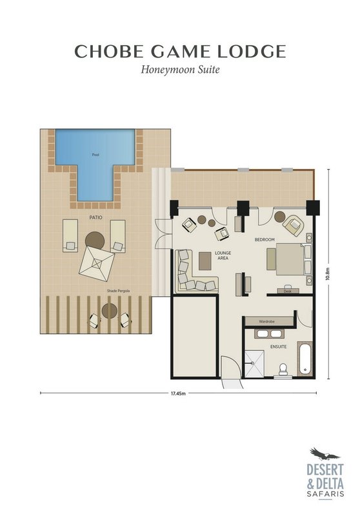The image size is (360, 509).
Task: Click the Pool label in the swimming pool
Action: tap(95, 155)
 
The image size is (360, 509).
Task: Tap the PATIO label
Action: tap(95, 217)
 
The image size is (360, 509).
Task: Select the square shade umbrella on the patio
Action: tap(97, 263)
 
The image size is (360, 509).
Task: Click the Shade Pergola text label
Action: tap(118, 291)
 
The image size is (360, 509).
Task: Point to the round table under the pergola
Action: tap(110, 311)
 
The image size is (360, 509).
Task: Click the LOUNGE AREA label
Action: tap(223, 255)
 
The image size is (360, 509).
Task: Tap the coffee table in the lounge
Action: tap(205, 261)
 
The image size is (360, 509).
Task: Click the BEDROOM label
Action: tap(265, 239)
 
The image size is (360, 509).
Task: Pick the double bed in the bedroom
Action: tap(290, 259)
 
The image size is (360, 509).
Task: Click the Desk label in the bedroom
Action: tap(287, 291)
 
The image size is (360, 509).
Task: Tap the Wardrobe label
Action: tap(267, 321)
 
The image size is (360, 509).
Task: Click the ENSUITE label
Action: tap(279, 346)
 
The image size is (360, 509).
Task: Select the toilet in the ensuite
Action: tap(283, 370)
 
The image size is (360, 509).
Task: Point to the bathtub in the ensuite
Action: tap(305, 359)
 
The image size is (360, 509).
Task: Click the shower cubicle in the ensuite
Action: tap(254, 364)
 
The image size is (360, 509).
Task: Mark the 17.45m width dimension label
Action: tap(178, 394)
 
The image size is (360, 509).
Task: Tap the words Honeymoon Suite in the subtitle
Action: tap(180, 70)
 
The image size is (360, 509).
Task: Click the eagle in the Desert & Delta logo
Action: tap(324, 454)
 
